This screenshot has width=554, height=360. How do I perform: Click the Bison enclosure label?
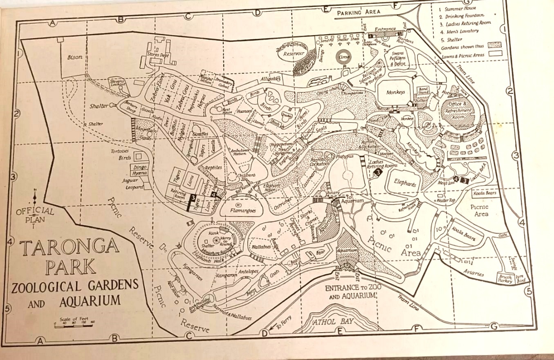[75, 57]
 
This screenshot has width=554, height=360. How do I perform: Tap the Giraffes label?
[199, 134]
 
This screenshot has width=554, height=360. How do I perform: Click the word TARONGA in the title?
[69, 248]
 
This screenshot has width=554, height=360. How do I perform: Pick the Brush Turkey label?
[505, 279]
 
